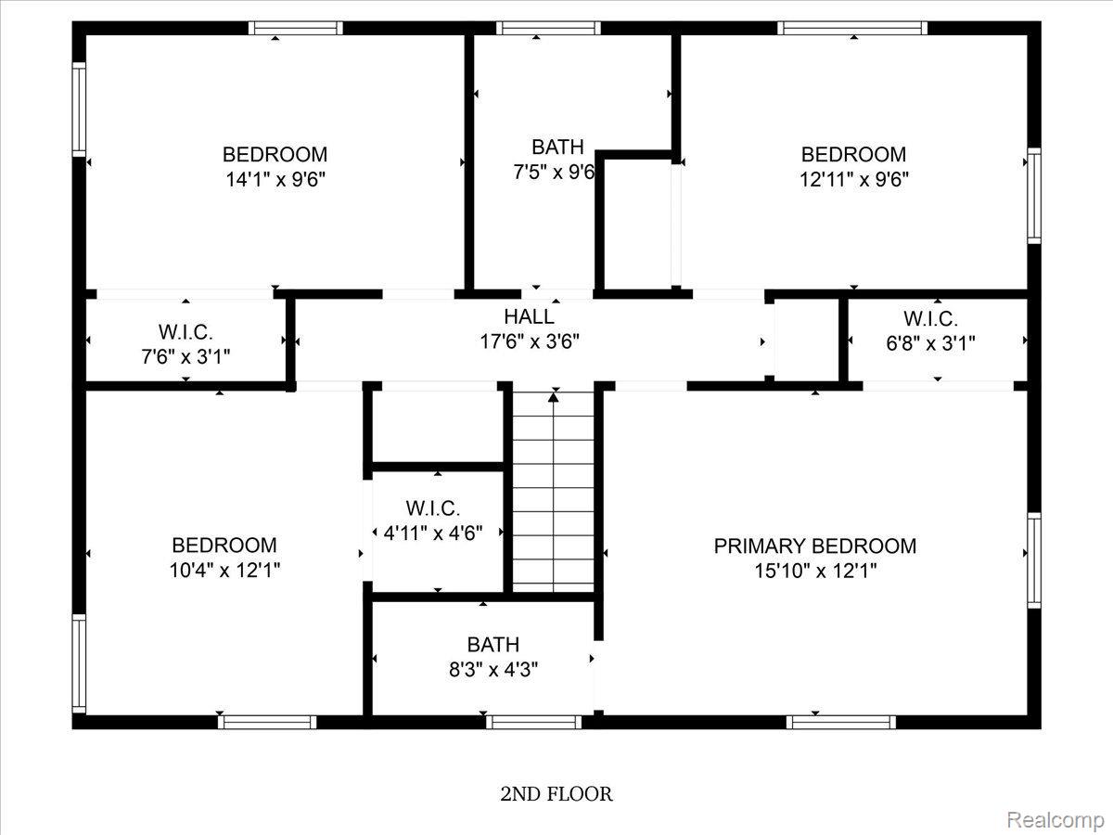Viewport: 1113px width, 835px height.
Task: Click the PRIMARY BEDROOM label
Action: click(x=815, y=546)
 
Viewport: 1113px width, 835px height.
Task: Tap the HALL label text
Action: click(x=529, y=317)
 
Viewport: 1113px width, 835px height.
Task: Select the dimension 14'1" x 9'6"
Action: click(x=275, y=179)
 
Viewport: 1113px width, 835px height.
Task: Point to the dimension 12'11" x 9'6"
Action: click(x=854, y=179)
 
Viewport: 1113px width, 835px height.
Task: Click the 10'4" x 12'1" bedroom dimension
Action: click(x=224, y=571)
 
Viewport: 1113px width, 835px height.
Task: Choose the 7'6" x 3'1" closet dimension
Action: click(x=185, y=357)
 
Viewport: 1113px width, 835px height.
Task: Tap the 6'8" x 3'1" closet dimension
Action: click(x=930, y=343)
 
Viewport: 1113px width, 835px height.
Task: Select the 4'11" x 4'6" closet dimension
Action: click(x=433, y=533)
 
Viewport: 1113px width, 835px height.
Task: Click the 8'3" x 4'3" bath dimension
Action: click(x=493, y=670)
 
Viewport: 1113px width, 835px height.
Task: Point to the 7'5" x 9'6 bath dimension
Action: click(x=554, y=173)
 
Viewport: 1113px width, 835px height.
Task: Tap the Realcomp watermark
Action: click(x=1055, y=820)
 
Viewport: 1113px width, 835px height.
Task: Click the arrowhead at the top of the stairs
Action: click(x=553, y=397)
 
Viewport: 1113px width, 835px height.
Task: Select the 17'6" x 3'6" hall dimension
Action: click(x=530, y=341)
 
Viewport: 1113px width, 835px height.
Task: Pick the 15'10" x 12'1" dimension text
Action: click(x=815, y=572)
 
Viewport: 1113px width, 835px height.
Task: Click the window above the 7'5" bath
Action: click(x=548, y=28)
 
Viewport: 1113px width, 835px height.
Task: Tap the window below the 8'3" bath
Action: click(x=534, y=722)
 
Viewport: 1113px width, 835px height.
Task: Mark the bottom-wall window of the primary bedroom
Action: click(x=841, y=722)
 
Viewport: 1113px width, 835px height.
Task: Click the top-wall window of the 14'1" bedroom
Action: click(x=296, y=28)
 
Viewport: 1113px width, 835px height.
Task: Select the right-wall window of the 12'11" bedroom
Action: click(x=1034, y=196)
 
